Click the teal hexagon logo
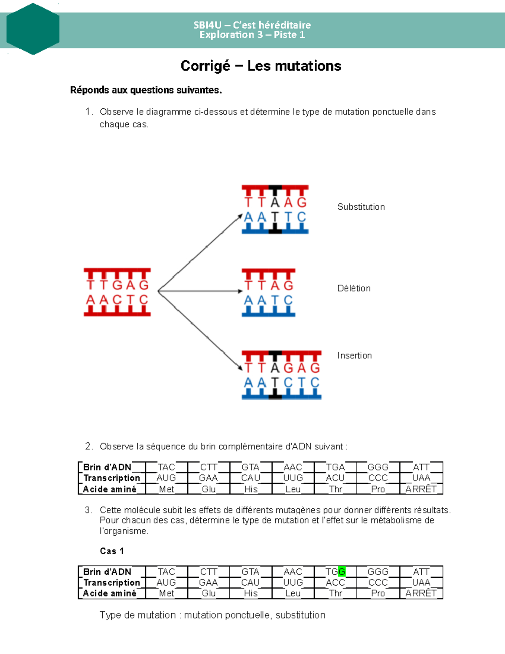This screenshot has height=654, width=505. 33,29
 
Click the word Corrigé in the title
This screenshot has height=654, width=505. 205,66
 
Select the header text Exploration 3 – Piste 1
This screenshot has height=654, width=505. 252,35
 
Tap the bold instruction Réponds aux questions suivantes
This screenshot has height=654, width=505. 146,90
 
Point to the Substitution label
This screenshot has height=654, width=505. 361,207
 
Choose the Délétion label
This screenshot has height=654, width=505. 353,288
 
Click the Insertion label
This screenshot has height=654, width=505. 354,355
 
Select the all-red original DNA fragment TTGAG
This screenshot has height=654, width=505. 117,292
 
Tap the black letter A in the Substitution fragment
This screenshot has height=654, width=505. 275,203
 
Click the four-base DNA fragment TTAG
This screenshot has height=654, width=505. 268,293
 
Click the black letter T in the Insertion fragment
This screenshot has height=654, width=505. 275,382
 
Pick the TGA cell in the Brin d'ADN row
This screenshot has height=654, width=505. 335,467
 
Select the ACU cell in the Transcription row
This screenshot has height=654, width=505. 335,478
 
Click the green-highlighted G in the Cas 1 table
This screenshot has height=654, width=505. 342,571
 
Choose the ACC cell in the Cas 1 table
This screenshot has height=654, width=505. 335,582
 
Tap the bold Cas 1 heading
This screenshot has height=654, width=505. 112,551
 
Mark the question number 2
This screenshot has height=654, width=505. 88,446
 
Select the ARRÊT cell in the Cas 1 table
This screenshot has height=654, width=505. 421,593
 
